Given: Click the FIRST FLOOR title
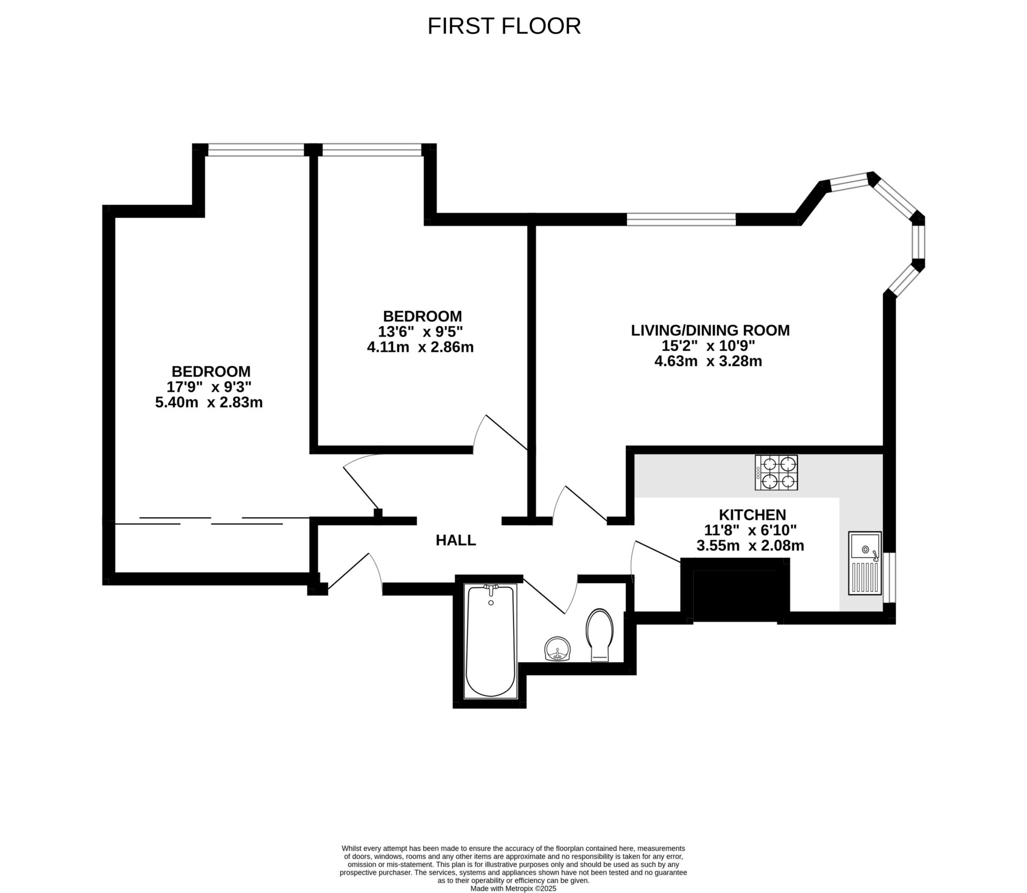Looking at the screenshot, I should coord(504,26).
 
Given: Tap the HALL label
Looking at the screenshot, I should coord(456,540).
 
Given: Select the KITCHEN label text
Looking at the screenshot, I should coord(752,514).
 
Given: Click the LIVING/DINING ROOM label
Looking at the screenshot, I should coord(710,330).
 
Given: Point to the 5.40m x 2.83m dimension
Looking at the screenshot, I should coord(209,403).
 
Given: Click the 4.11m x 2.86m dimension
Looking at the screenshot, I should coord(420,347).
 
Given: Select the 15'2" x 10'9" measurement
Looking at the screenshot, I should coord(708,345).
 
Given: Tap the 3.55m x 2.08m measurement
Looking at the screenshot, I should coord(750,546).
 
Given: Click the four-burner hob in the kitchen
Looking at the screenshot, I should coord(776,472).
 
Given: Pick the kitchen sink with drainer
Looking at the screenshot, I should coord(864,563).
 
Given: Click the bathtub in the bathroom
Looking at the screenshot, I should coord(491,640).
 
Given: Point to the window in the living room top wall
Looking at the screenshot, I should coord(681,219).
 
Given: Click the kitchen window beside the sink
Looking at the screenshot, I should coord(889,578).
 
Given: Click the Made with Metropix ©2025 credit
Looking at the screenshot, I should coord(513,888).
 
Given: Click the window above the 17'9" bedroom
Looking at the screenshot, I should coord(256,150).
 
